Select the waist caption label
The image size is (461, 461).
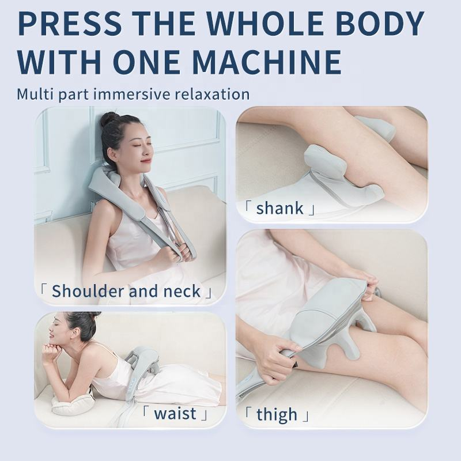[x=175, y=414]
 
